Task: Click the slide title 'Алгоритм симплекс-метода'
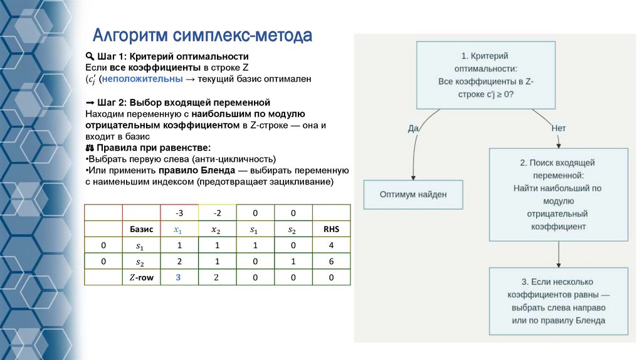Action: pos(203,34)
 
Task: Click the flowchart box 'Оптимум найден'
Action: pos(413,194)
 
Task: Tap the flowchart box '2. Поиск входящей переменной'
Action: pos(558,194)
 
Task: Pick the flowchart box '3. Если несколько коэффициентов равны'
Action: pos(558,300)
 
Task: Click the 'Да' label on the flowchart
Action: pos(413,128)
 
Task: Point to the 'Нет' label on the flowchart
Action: pos(559,128)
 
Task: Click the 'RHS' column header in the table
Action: pos(331,229)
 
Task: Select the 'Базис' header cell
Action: pos(142,229)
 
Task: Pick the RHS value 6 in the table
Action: pos(331,262)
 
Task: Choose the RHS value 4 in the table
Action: pos(331,245)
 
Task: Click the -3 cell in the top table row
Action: pos(179,213)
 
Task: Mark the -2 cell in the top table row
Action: pos(217,213)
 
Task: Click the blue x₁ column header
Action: pos(179,229)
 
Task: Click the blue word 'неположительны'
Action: pos(142,80)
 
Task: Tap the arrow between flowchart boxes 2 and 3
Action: pos(558,255)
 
